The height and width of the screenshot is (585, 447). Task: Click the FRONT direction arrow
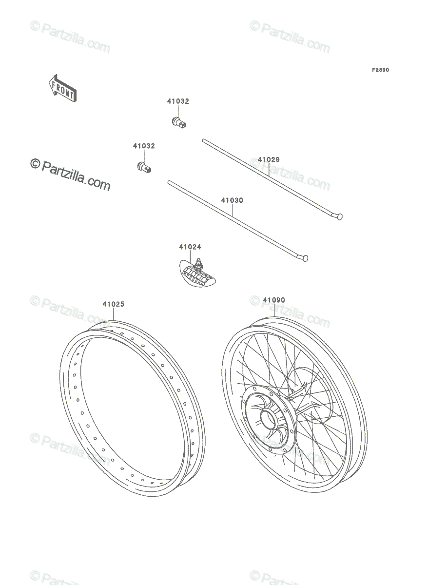point(62,88)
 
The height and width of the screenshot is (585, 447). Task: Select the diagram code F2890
point(380,70)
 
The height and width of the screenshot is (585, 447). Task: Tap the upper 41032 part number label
point(178,101)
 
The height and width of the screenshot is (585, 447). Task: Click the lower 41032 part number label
point(144,146)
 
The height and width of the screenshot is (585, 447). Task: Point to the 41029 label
point(269,159)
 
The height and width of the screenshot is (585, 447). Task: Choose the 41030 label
point(232,200)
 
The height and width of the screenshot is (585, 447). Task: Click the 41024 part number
point(190,247)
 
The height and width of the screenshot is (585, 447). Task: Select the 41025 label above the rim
point(114,304)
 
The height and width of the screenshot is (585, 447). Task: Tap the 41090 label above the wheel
point(274,300)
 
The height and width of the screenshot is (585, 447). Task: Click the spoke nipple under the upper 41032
point(179,122)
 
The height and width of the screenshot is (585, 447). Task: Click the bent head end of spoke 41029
point(338,216)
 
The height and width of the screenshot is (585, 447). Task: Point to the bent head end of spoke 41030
point(304,258)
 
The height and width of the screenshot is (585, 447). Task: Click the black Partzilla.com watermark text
point(70,175)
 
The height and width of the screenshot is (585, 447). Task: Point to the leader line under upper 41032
point(178,111)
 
